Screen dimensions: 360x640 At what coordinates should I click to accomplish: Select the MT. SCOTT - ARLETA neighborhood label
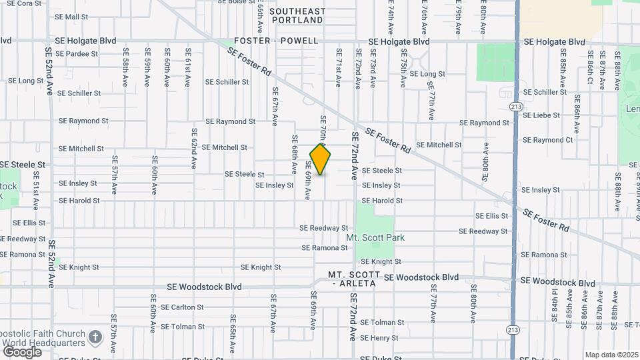click(354, 279)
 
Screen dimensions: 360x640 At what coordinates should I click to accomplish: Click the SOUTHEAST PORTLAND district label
click(298, 16)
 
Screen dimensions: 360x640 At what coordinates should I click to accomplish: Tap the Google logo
click(22, 351)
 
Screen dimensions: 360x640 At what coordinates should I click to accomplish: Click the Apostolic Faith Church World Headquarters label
click(43, 338)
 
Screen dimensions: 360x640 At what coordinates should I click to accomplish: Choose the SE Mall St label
click(73, 17)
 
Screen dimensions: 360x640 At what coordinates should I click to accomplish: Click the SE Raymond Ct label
click(548, 140)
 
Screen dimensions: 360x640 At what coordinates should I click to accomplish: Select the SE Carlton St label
click(182, 307)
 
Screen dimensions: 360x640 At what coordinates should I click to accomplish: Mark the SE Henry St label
click(379, 338)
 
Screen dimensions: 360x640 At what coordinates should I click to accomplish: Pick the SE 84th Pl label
click(554, 301)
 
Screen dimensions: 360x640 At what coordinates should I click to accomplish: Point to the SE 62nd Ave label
click(194, 148)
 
